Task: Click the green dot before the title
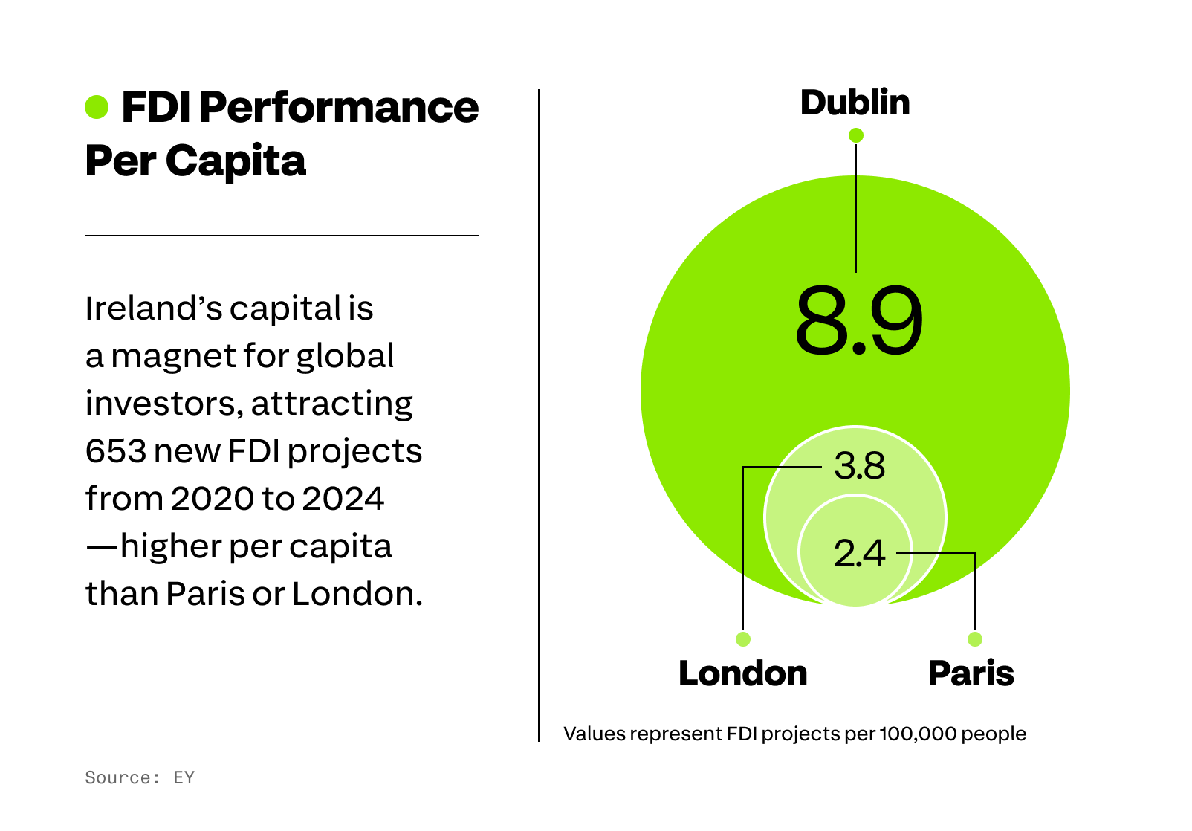pyautogui.click(x=97, y=107)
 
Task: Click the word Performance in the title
pyautogui.click(x=339, y=107)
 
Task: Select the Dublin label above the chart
pyautogui.click(x=855, y=103)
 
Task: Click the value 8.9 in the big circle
pyautogui.click(x=858, y=321)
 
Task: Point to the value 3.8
pyautogui.click(x=859, y=466)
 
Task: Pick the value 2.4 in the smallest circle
pyautogui.click(x=859, y=553)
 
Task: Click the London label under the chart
pyautogui.click(x=742, y=673)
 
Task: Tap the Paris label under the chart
pyautogui.click(x=971, y=673)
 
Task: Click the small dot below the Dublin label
pyautogui.click(x=856, y=135)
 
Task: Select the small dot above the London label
pyautogui.click(x=743, y=639)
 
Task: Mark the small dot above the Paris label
pyautogui.click(x=975, y=639)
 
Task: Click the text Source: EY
pyautogui.click(x=140, y=777)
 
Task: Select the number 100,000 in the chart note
pyautogui.click(x=917, y=734)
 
